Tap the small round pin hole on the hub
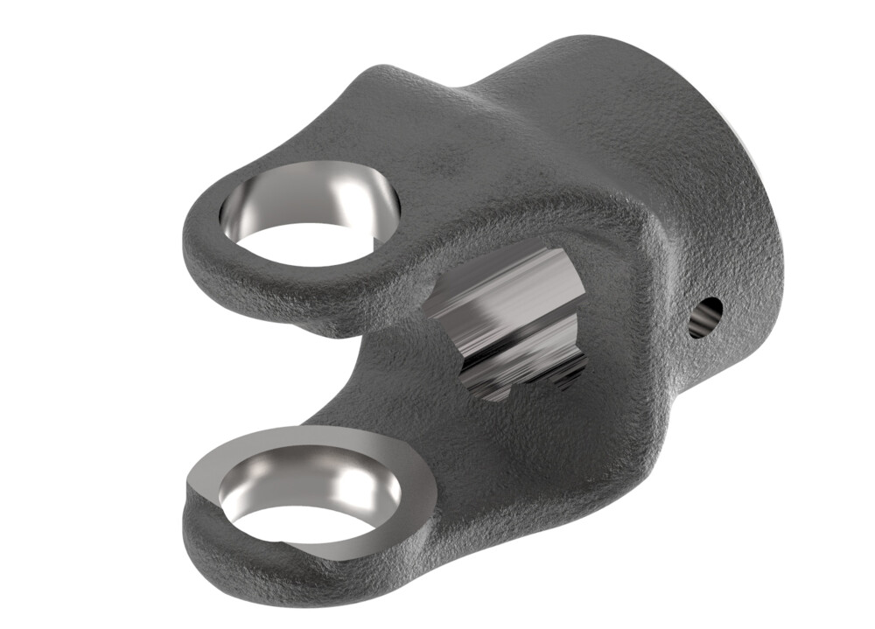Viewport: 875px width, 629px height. (x=705, y=317)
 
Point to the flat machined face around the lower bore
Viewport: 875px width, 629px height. (x=385, y=455)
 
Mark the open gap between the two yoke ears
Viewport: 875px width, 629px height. (x=367, y=367)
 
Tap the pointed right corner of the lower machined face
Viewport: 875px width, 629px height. (x=432, y=499)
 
